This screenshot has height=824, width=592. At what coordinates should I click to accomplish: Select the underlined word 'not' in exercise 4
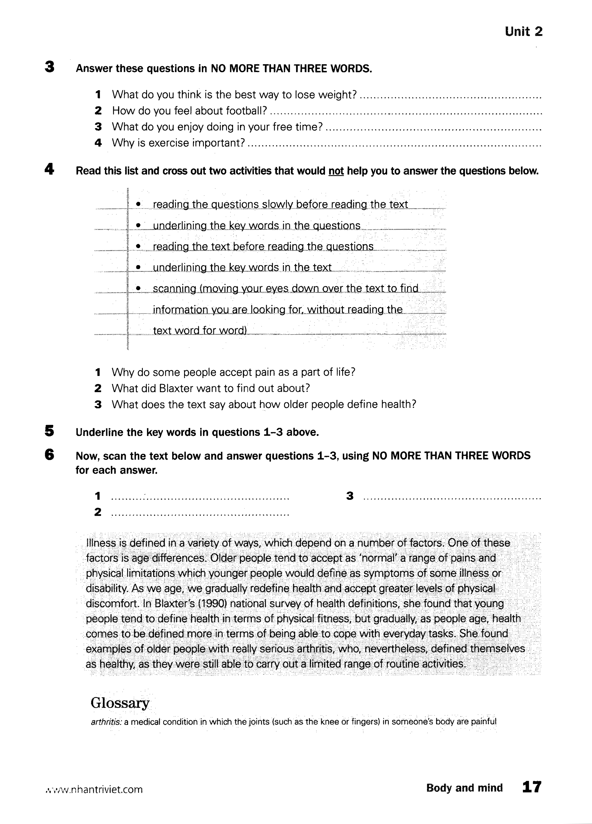tap(336, 171)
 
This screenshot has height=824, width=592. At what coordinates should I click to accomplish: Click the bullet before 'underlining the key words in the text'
tap(138, 267)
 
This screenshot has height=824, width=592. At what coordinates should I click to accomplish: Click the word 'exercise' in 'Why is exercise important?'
tap(168, 143)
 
